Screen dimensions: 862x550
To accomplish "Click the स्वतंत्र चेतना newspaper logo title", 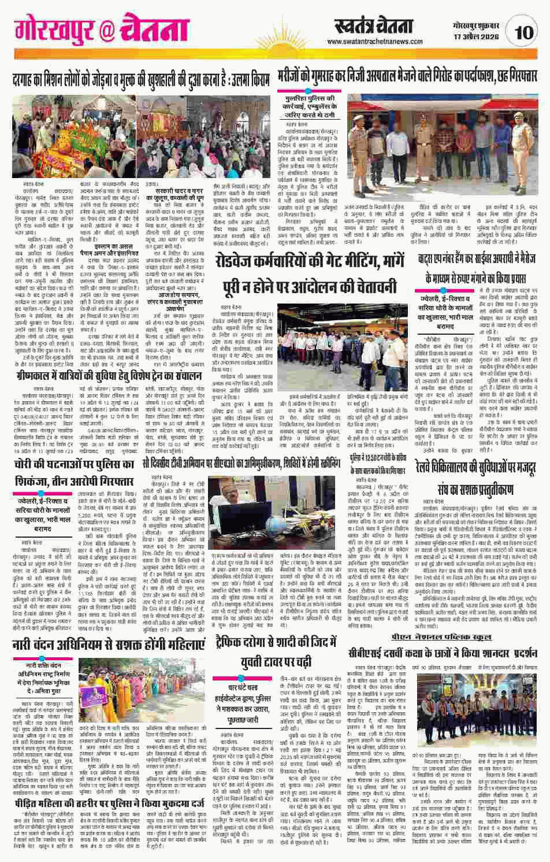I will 374,26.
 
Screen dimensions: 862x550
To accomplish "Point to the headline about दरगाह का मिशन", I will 134,78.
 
